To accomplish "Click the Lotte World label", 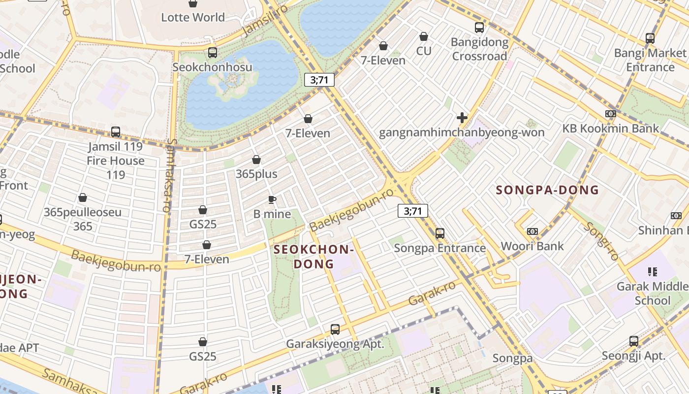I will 193,17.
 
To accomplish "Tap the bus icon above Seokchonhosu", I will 213,52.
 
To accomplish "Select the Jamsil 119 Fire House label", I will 115,161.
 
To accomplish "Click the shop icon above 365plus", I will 256,160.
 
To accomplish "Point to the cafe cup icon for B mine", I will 272,199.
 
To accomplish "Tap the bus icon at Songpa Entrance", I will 440,233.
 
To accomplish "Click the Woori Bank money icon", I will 532,231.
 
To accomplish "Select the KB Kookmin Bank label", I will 610,129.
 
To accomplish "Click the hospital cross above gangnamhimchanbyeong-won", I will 462,118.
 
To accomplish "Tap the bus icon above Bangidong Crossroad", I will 479,28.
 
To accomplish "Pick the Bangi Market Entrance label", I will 650,60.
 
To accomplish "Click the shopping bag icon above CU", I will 423,36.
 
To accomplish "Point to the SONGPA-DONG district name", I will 547,190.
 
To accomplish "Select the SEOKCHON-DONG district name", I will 313,257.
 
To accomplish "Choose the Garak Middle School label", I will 652,293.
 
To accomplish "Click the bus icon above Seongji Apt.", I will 634,341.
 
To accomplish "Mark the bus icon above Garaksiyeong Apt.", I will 335,329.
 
